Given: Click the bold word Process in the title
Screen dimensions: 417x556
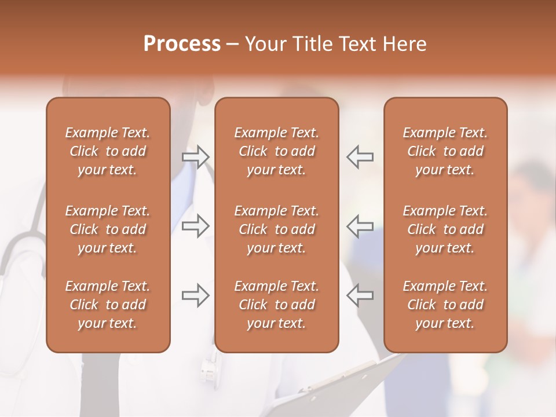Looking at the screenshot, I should tap(182, 44).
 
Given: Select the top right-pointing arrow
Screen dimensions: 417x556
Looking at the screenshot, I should tap(195, 157).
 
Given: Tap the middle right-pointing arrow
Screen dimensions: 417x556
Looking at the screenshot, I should tap(195, 226).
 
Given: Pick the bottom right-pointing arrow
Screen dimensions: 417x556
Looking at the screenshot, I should tap(195, 295).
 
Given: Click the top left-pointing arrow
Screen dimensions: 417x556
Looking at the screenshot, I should tap(360, 157).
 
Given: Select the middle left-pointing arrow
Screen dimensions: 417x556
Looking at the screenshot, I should tap(360, 226).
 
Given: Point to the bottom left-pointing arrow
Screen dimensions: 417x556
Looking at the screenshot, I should tap(360, 295).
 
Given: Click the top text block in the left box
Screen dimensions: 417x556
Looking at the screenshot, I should tap(108, 151).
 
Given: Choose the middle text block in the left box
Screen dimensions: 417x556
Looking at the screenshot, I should tap(108, 229).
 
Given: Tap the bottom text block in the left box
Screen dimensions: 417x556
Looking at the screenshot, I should tap(108, 305).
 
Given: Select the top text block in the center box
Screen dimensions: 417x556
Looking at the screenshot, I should tap(276, 151).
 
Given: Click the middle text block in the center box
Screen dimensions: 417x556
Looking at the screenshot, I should tap(276, 229).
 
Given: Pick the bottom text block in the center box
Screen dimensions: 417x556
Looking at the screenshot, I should tap(276, 305).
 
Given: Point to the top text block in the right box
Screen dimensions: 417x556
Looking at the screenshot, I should tap(445, 151).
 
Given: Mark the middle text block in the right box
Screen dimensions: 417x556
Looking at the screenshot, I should tap(445, 229).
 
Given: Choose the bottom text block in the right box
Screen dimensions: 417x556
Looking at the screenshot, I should tap(445, 305).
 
